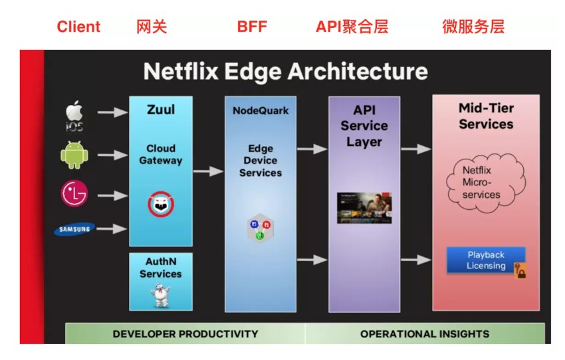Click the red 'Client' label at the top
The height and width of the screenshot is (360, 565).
coord(78,27)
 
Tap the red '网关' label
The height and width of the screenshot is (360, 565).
coord(152,27)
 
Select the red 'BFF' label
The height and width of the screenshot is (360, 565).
coord(252,27)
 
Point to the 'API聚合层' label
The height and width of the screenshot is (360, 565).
coord(352,27)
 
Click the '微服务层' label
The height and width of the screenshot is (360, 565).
coord(473,27)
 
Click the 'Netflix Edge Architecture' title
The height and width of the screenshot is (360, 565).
coord(286,71)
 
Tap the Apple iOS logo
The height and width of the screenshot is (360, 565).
coord(74,116)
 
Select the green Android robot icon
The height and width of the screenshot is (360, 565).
coord(74,155)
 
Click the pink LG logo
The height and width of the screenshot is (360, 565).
coord(74,194)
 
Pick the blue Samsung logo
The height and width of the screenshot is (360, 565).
coord(74,229)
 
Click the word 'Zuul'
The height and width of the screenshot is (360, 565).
coord(160,109)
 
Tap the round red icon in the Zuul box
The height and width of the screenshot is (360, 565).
coord(161,203)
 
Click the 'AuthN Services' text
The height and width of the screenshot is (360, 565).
coord(160,268)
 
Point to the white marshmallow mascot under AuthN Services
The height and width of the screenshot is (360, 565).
coord(161,294)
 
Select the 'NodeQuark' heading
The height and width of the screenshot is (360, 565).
coord(261,110)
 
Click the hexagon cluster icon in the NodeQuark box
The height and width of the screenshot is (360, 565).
coord(260,228)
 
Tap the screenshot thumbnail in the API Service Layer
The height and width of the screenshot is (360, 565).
coord(364,208)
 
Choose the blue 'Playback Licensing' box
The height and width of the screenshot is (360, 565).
coord(486,260)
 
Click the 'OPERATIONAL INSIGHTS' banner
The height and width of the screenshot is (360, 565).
coord(424,333)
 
